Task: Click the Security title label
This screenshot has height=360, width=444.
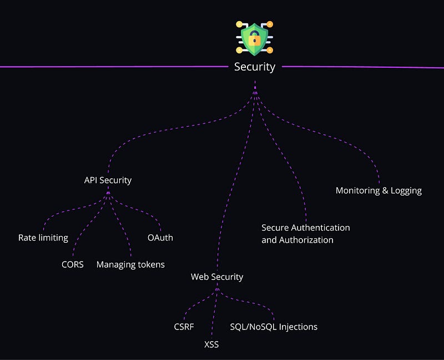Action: (x=255, y=67)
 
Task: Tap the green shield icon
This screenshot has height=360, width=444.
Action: (x=255, y=38)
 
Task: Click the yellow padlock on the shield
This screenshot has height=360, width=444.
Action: (x=255, y=39)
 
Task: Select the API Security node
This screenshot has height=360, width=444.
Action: (x=108, y=180)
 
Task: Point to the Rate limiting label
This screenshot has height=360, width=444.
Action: (x=43, y=238)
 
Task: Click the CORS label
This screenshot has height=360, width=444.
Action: (x=73, y=264)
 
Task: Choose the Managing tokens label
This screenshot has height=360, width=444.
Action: (x=130, y=264)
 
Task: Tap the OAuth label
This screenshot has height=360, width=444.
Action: (x=160, y=238)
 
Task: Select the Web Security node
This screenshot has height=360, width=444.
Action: (x=217, y=277)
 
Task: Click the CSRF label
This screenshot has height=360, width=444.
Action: (x=184, y=327)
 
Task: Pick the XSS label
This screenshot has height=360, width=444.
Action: (x=211, y=345)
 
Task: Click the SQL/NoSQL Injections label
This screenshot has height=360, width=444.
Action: (x=274, y=327)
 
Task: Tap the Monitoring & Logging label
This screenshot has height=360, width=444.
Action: (x=379, y=191)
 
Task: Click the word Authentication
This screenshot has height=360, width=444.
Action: (x=320, y=228)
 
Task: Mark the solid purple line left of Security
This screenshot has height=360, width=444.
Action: (x=111, y=67)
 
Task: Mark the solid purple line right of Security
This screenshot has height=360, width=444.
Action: (x=361, y=67)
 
